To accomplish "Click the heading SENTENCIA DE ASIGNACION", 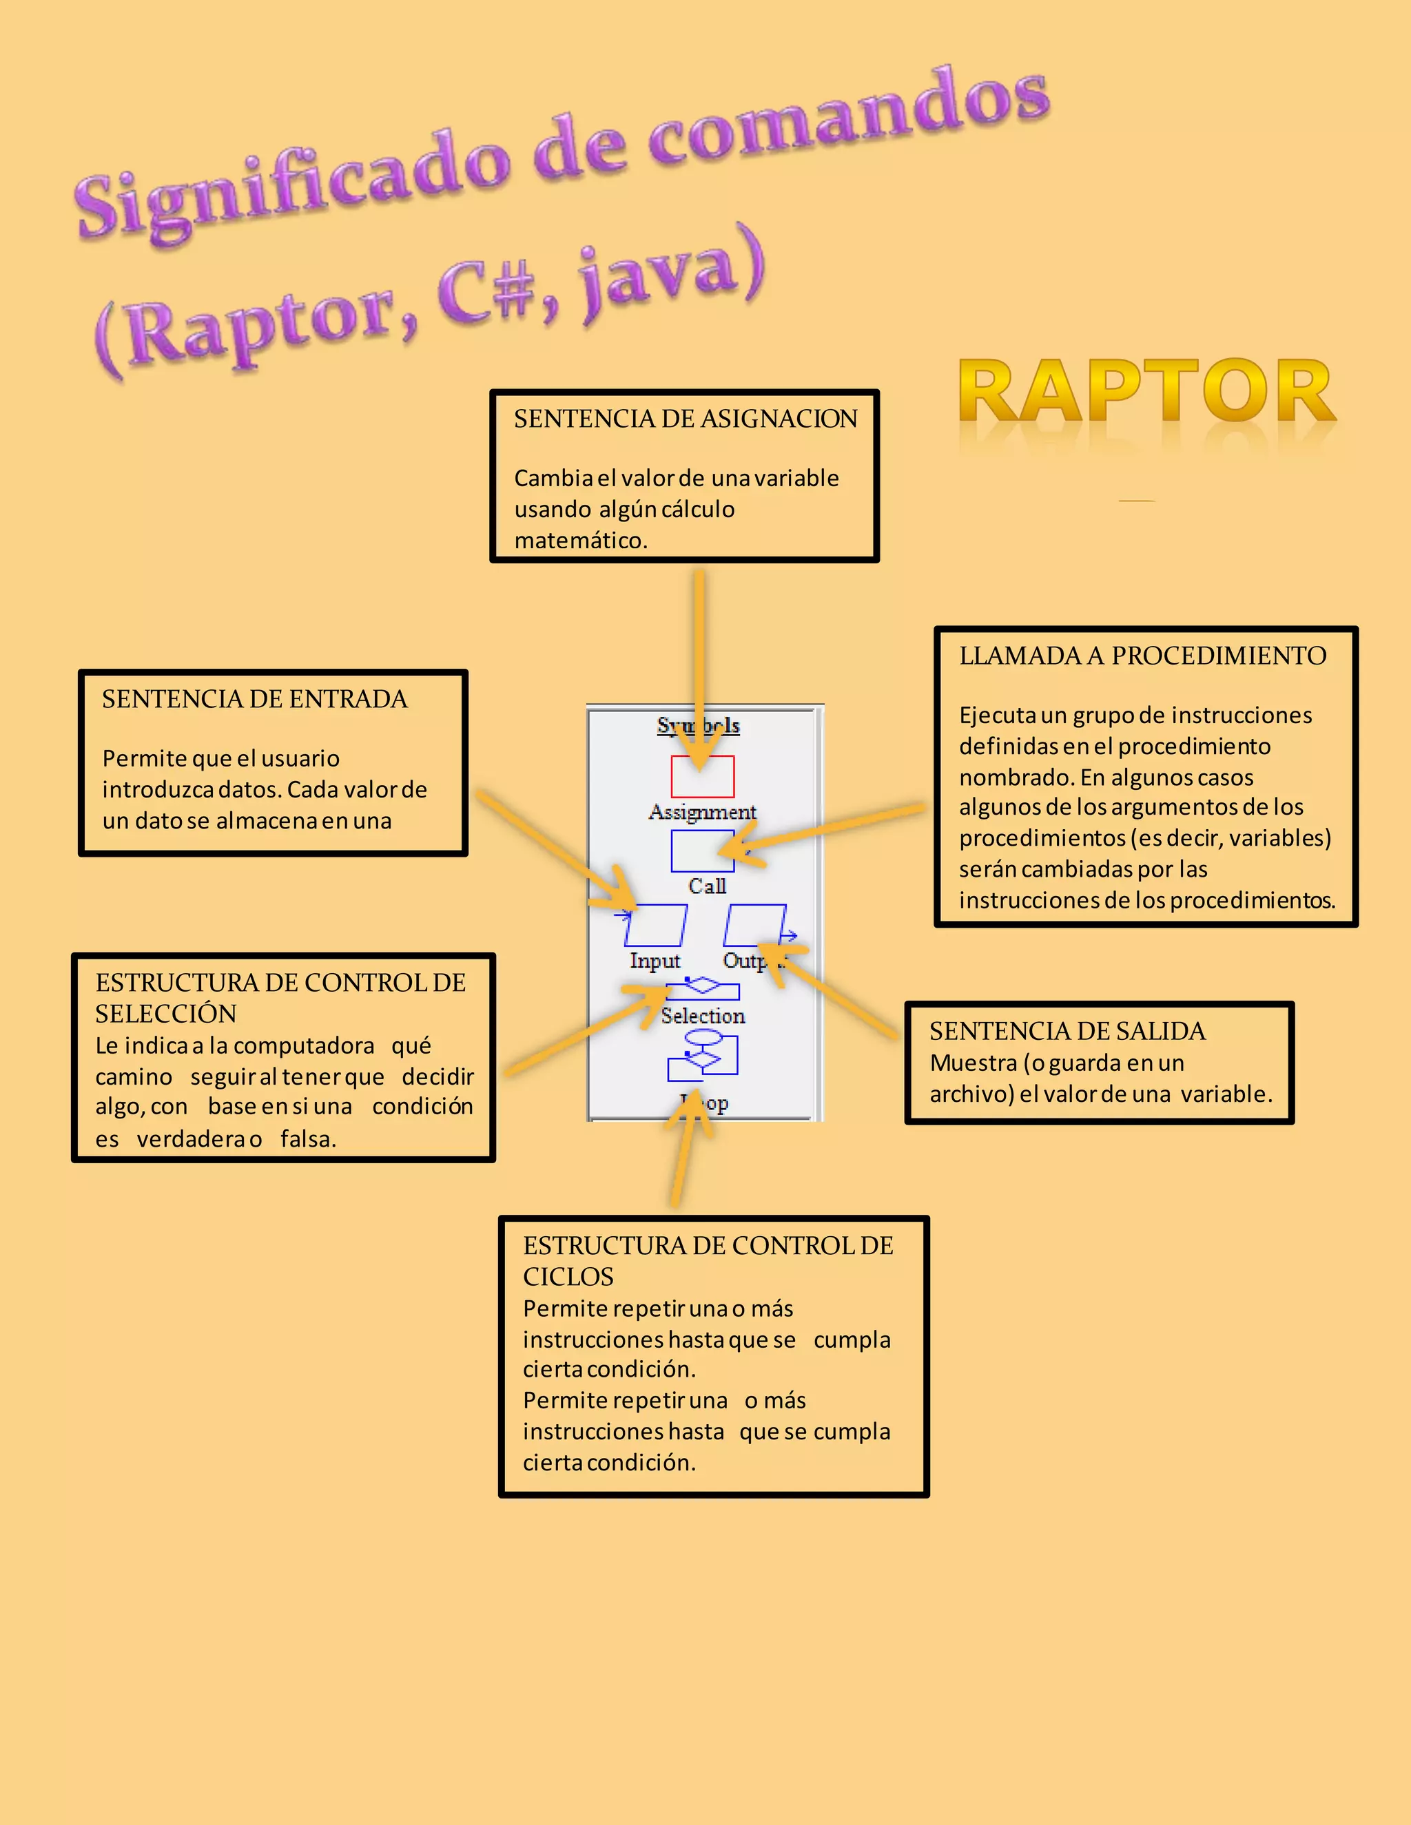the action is [x=686, y=419].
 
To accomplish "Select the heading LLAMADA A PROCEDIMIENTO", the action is [x=1142, y=656].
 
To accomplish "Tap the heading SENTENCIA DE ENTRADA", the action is [x=255, y=700].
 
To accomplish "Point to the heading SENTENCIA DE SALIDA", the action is [x=1067, y=1031].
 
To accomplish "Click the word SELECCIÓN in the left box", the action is [x=165, y=1014].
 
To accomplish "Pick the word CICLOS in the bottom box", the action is [x=568, y=1277].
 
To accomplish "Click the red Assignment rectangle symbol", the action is [x=702, y=777].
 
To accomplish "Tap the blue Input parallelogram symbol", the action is [x=655, y=926].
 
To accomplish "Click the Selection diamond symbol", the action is [x=702, y=988].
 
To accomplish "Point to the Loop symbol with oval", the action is [x=703, y=1055].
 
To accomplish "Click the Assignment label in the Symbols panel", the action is [x=702, y=812].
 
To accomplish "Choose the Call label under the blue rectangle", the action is [x=706, y=886].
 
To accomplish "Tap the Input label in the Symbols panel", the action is [x=655, y=961].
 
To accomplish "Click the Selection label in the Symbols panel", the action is [x=702, y=1016].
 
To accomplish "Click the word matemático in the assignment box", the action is [x=580, y=541].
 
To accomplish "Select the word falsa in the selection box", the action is [x=307, y=1139].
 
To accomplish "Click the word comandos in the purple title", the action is [x=848, y=117].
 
